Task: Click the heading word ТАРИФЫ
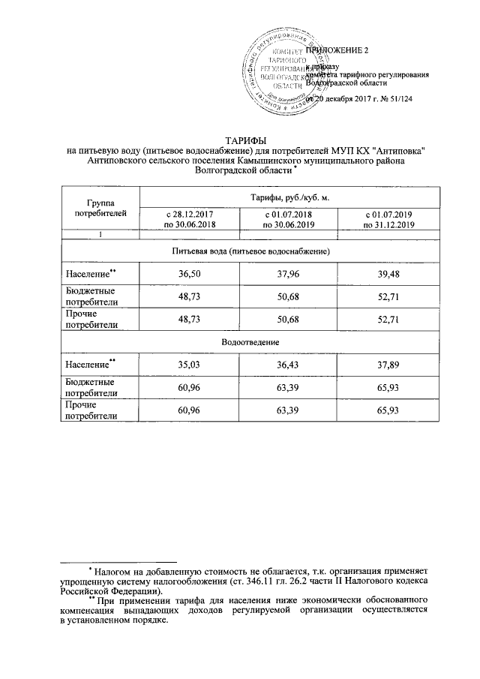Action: (x=241, y=140)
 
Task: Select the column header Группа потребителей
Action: (x=100, y=208)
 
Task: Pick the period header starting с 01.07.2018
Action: (x=289, y=220)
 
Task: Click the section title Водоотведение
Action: (x=241, y=342)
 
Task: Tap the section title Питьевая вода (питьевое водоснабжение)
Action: (x=241, y=249)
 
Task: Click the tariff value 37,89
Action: (x=388, y=365)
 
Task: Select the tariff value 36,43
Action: (x=289, y=365)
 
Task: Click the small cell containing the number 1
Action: (x=100, y=235)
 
